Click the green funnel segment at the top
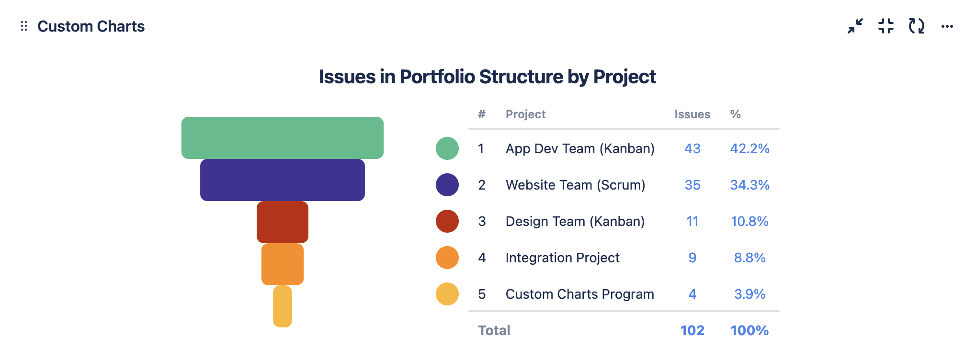click(283, 138)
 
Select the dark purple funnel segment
click(283, 180)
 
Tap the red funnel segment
click(283, 222)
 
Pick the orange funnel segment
click(283, 264)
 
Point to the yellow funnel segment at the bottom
click(283, 306)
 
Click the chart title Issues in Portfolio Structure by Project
click(488, 77)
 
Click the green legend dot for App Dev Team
click(447, 148)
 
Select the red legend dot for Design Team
click(447, 221)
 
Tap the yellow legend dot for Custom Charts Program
click(447, 294)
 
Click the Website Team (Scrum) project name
click(576, 185)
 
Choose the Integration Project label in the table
click(563, 258)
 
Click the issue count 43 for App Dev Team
click(692, 148)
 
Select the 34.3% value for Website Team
click(750, 185)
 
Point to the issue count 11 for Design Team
click(692, 221)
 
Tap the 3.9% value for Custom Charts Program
click(750, 294)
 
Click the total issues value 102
click(692, 330)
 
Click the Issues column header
click(692, 114)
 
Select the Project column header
click(525, 114)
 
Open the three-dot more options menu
click(947, 26)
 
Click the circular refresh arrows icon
click(917, 26)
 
